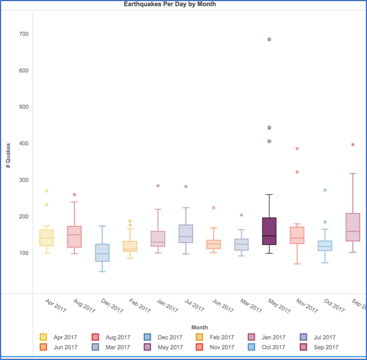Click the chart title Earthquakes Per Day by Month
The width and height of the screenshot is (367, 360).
point(170,4)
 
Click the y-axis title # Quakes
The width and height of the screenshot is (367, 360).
point(9,155)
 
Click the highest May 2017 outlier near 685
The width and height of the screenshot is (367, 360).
point(269,40)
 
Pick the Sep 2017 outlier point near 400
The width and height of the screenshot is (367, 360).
point(353,145)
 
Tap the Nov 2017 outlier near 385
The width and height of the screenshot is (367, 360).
point(297,149)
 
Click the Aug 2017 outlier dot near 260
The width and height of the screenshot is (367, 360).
point(74,195)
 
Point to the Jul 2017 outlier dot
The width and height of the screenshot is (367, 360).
point(186,187)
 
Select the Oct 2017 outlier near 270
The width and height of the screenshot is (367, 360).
point(325,190)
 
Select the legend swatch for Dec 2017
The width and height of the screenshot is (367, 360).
point(148,337)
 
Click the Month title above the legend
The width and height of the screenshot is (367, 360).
point(199,327)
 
